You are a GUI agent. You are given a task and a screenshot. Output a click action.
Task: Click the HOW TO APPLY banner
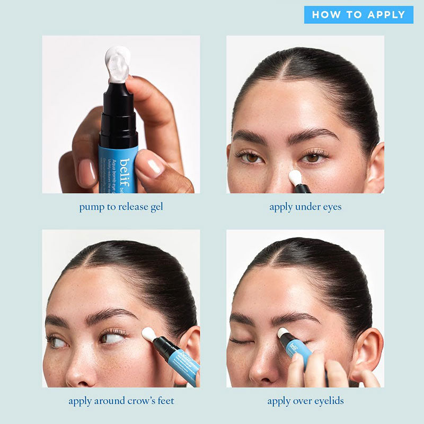pyautogui.click(x=358, y=14)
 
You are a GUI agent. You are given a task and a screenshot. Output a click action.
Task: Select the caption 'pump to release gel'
pyautogui.click(x=121, y=207)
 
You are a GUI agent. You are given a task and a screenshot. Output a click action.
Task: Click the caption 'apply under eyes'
pyautogui.click(x=305, y=207)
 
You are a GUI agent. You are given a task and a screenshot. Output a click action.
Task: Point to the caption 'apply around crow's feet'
pyautogui.click(x=121, y=401)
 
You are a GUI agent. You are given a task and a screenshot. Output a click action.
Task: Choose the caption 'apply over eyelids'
pyautogui.click(x=305, y=401)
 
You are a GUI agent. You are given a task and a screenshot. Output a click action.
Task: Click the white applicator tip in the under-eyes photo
pyautogui.click(x=295, y=177)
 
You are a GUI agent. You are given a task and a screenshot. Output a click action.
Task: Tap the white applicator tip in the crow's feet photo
pyautogui.click(x=148, y=334)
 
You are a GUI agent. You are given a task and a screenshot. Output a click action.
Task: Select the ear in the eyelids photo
pyautogui.click(x=369, y=350)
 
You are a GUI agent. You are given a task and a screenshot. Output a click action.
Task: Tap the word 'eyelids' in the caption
pyautogui.click(x=328, y=401)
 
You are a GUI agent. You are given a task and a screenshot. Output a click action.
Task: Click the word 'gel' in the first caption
pyautogui.click(x=155, y=207)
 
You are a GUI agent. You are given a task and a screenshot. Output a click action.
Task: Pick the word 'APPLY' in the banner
pyautogui.click(x=384, y=14)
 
